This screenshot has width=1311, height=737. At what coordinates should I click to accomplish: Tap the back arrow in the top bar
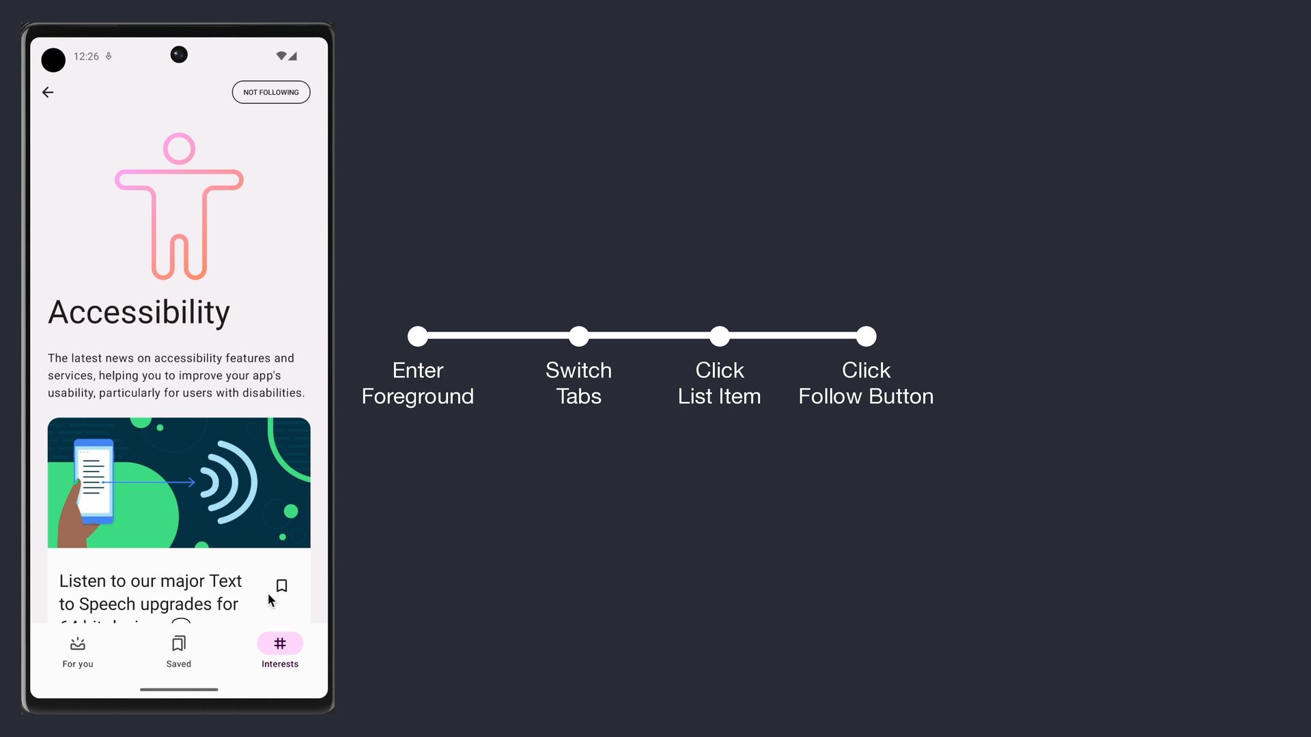(x=48, y=92)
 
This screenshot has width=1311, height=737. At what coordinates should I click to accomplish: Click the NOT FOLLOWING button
(x=271, y=92)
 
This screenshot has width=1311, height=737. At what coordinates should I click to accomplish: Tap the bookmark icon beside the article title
(x=281, y=586)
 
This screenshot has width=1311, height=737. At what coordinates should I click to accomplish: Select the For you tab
(x=78, y=652)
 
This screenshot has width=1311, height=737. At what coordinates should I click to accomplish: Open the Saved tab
(x=179, y=652)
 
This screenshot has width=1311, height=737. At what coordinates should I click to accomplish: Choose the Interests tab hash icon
(x=280, y=644)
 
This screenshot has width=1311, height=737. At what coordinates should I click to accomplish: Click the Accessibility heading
(x=139, y=313)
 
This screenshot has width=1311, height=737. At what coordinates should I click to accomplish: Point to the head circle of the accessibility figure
(x=179, y=149)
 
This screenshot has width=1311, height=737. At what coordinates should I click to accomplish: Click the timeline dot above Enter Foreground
(x=417, y=336)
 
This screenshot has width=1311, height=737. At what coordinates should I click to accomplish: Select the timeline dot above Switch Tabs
(x=578, y=336)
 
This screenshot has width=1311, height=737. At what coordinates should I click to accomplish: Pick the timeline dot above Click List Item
(x=719, y=336)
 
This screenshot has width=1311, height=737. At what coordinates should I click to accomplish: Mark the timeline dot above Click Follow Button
(x=866, y=336)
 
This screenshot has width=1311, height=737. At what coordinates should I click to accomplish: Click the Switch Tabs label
(x=578, y=383)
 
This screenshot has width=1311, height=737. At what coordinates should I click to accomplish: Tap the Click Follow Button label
(x=866, y=383)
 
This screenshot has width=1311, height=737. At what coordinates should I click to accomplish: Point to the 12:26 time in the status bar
(x=86, y=57)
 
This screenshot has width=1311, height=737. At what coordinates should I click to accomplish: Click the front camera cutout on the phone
(x=179, y=55)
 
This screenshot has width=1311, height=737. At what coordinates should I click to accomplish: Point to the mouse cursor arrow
(x=271, y=601)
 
